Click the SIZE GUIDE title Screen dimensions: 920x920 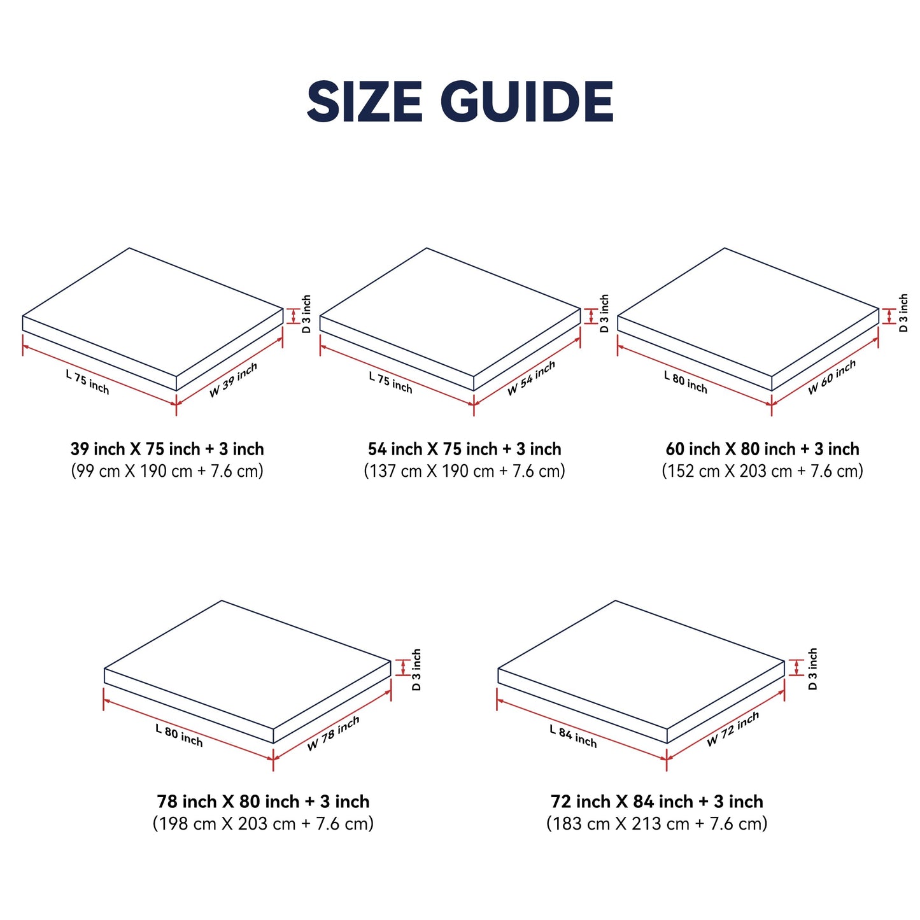[459, 101]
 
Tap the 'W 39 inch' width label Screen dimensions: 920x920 [233, 379]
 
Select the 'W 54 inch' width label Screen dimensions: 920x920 [531, 378]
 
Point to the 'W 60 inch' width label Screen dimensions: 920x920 [832, 377]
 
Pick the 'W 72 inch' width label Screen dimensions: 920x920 [732, 729]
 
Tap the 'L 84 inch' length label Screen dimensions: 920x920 [573, 736]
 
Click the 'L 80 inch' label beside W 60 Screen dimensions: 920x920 [685, 382]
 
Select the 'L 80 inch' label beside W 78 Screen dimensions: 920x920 [179, 735]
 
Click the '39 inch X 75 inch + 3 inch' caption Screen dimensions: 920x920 [167, 449]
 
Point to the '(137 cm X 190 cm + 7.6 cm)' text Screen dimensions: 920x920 [464, 471]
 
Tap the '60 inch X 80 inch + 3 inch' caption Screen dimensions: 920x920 [763, 449]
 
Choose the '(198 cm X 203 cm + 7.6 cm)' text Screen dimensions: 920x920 [263, 824]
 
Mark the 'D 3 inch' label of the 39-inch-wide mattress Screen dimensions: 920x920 [306, 314]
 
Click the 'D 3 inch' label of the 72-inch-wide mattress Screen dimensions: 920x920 [812, 669]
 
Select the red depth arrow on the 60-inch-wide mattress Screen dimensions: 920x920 [889, 316]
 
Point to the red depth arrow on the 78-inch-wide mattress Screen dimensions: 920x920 [403, 667]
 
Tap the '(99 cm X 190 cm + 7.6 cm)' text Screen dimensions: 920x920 [167, 471]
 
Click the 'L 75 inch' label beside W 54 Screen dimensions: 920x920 [390, 383]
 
